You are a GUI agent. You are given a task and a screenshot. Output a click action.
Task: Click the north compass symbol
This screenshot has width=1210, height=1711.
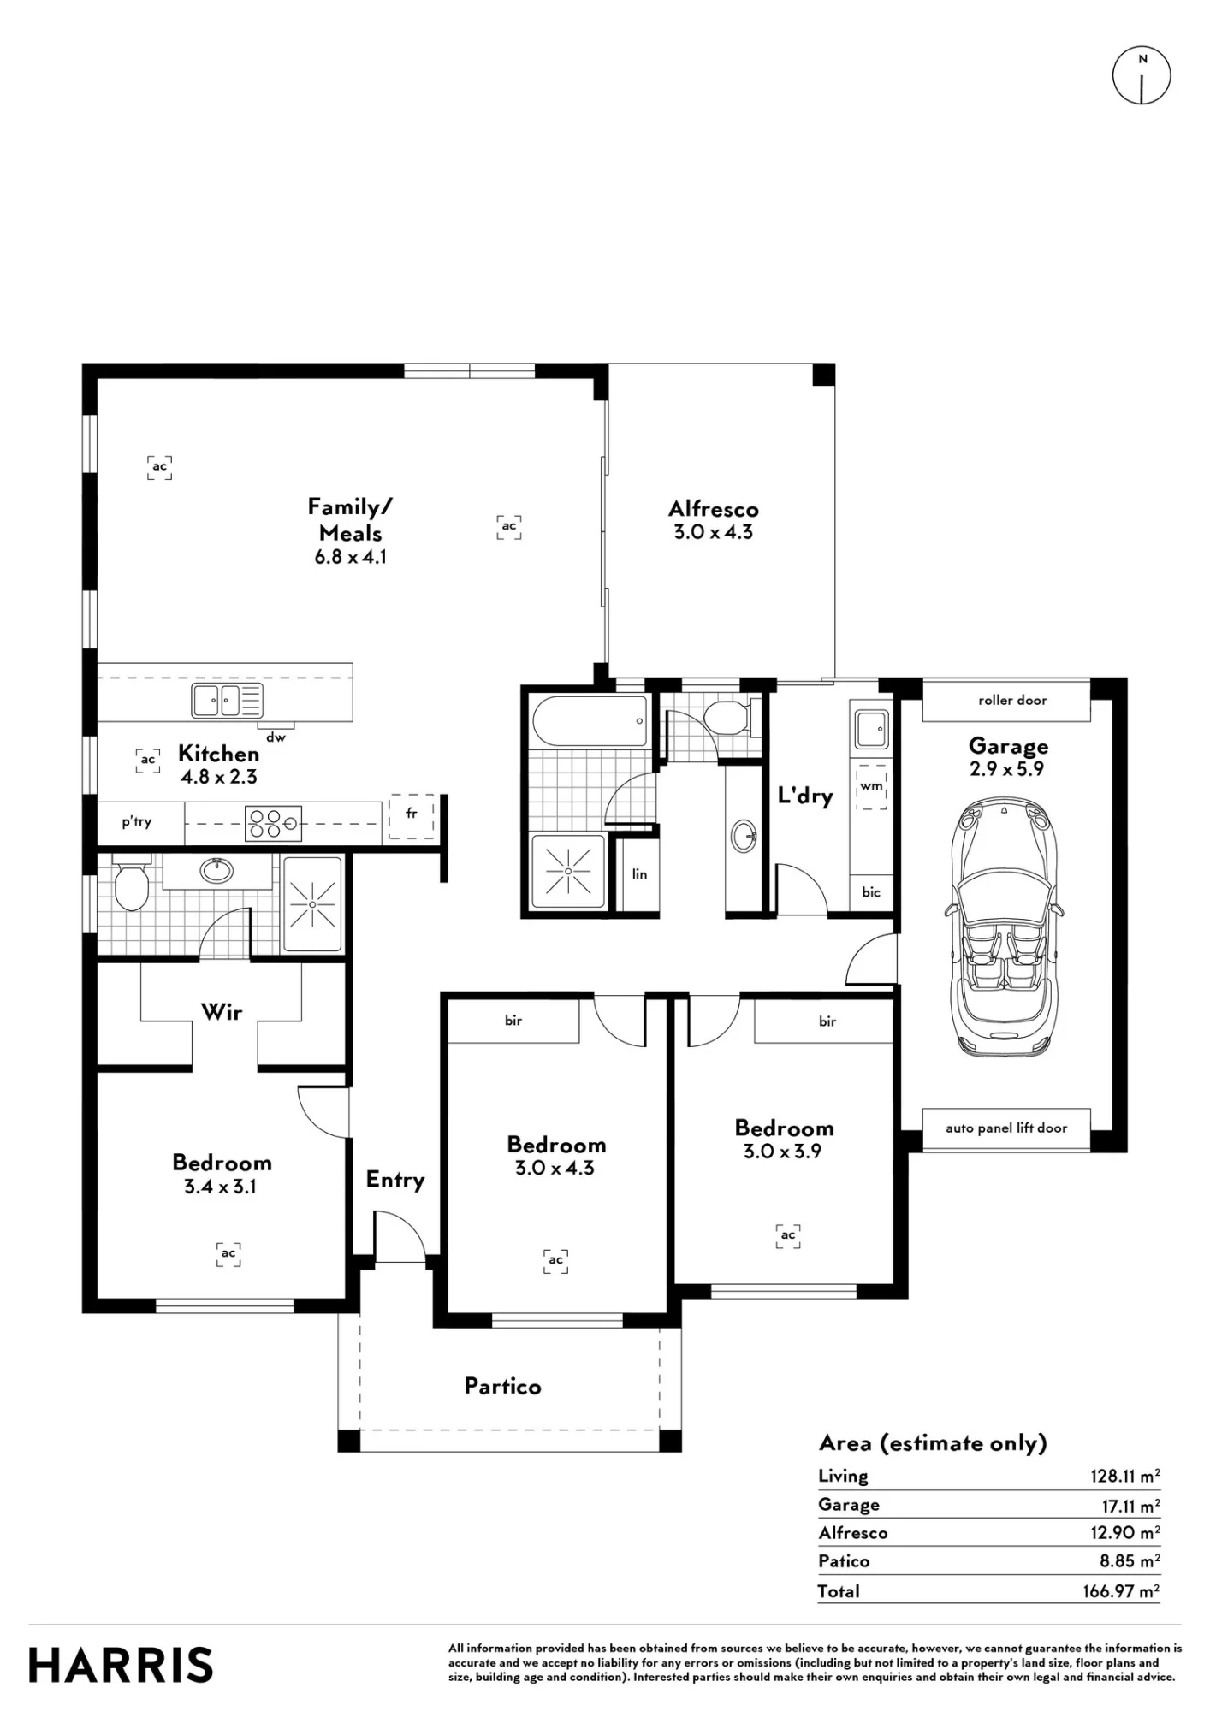[x=1142, y=75]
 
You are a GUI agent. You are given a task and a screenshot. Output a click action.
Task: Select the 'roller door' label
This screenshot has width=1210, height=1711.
[x=1012, y=700]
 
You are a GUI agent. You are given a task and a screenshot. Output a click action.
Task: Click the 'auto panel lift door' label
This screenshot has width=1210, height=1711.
[x=1006, y=1128]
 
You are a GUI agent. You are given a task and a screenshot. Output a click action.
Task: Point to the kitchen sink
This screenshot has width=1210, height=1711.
[x=227, y=701]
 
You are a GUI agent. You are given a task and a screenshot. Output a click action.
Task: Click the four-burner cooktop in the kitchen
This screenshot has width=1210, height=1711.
[x=273, y=823]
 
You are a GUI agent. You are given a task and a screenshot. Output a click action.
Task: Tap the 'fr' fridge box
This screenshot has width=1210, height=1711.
[x=412, y=816]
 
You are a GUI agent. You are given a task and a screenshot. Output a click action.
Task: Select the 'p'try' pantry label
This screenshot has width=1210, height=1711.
[x=137, y=822]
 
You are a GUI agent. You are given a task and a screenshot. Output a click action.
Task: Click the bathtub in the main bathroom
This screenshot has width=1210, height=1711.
[x=590, y=721]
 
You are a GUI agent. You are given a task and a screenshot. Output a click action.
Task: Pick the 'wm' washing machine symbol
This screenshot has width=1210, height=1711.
[x=871, y=786]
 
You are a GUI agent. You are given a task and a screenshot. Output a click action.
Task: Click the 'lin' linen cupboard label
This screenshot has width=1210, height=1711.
[x=639, y=874]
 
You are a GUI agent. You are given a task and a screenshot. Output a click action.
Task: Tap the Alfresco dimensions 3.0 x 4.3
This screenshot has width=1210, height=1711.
[x=713, y=532]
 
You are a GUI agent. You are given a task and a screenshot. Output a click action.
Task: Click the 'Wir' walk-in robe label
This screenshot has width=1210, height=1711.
[x=222, y=1012]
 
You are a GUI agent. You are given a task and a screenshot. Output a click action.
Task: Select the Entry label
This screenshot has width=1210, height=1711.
[x=395, y=1181]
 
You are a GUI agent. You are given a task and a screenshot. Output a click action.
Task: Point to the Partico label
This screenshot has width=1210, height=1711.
[x=502, y=1386]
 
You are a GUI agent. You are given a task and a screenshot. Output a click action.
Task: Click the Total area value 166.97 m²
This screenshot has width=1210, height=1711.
[x=1121, y=1590]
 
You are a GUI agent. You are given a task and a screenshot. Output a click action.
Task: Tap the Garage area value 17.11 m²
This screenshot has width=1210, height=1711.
[x=1130, y=1504]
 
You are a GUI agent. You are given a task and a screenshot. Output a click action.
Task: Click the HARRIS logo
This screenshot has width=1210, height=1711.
[x=121, y=1665]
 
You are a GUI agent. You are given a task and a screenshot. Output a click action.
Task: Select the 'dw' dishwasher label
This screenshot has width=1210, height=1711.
[x=276, y=737]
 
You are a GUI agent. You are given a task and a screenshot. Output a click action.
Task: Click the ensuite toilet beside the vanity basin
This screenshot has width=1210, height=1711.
[x=132, y=883]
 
